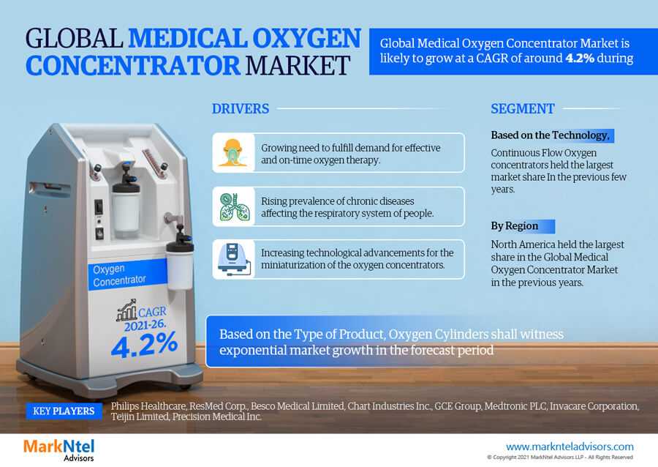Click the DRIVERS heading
click(x=241, y=109)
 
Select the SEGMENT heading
click(x=523, y=109)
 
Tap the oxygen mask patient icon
click(x=233, y=153)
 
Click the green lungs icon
click(x=235, y=206)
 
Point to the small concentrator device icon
click(x=235, y=259)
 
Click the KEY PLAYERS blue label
click(x=64, y=411)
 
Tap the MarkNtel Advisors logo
click(x=58, y=449)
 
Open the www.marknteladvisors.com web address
click(x=570, y=447)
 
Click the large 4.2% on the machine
click(x=144, y=344)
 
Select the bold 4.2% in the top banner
click(x=580, y=58)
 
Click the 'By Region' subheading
click(x=515, y=226)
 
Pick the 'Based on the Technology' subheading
click(x=550, y=135)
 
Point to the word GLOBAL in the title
click(x=74, y=38)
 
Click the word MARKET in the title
click(x=298, y=66)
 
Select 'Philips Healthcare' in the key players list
click(x=148, y=406)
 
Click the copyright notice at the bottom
click(x=559, y=457)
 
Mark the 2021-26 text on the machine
click(x=145, y=325)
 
